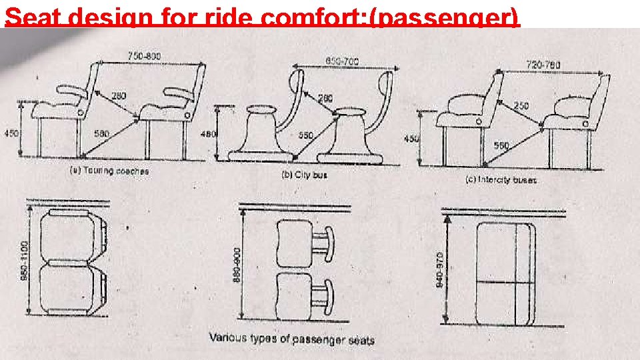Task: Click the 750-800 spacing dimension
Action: pyautogui.click(x=144, y=57)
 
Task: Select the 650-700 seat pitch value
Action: pyautogui.click(x=342, y=61)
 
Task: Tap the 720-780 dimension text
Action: pyautogui.click(x=543, y=65)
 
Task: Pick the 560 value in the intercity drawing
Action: pyautogui.click(x=501, y=145)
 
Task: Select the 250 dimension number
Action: pyautogui.click(x=522, y=105)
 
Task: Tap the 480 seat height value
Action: pyautogui.click(x=209, y=134)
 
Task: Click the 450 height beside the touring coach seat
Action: pyautogui.click(x=11, y=133)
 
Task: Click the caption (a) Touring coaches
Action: pyautogui.click(x=109, y=171)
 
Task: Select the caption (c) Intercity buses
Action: pyautogui.click(x=501, y=179)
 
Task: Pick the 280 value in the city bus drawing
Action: pyautogui.click(x=325, y=98)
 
